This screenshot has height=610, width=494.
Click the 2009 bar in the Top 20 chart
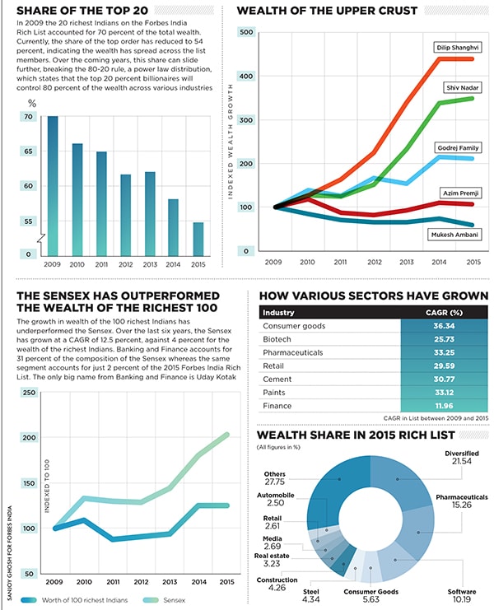coord(53,185)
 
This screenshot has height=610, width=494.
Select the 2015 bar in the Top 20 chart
coord(198,239)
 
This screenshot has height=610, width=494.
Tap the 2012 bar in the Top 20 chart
coord(125,214)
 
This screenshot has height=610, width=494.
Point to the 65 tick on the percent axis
coord(29,152)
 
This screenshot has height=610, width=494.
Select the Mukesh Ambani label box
coord(452,235)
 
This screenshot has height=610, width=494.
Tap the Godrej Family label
coord(453,148)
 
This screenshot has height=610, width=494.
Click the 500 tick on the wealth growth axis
coord(245,31)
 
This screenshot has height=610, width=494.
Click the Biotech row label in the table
coord(277,339)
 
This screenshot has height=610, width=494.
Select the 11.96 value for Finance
coord(445,405)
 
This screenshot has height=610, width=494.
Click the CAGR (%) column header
coord(445,312)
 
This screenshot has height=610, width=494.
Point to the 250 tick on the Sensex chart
coord(29,393)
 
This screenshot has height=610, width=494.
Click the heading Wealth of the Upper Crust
coord(327,11)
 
